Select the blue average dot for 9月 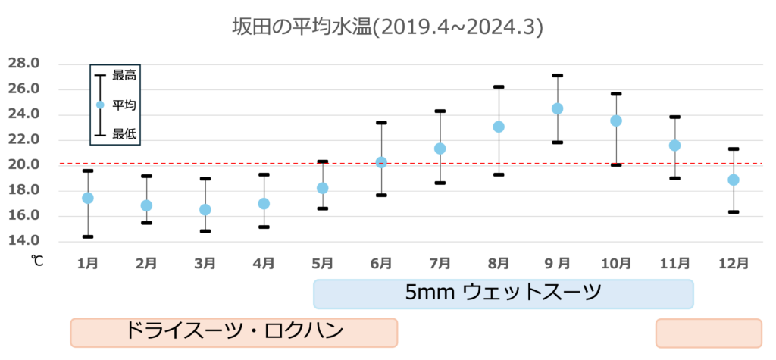pos(558,108)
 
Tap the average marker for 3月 pos(205,209)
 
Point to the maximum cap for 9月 pos(558,75)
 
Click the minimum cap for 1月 pos(88,236)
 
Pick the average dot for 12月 pos(734,180)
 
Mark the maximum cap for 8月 pos(499,86)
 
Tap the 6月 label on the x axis pos(381,264)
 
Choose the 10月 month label pos(616,264)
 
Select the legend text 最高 pos(124,75)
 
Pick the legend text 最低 pos(124,134)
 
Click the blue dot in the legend pos(100,105)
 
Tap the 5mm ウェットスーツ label pos(503,293)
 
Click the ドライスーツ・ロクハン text pos(233,331)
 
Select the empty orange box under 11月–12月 pos(708,333)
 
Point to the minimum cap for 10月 pos(616,164)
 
